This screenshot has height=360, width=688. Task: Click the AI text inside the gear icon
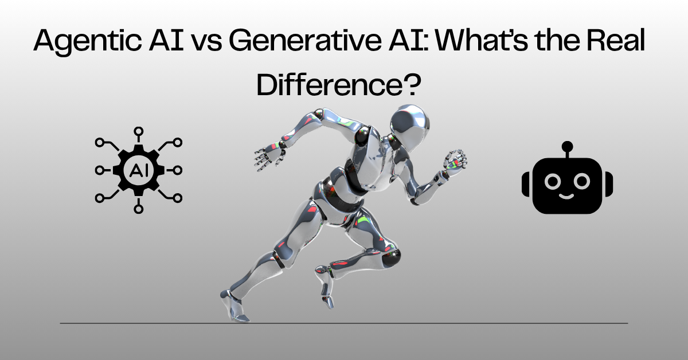[138, 170]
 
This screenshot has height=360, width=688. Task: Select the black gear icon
[138, 170]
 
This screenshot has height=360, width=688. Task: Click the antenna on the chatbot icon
[568, 147]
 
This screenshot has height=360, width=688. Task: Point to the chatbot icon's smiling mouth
[568, 195]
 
